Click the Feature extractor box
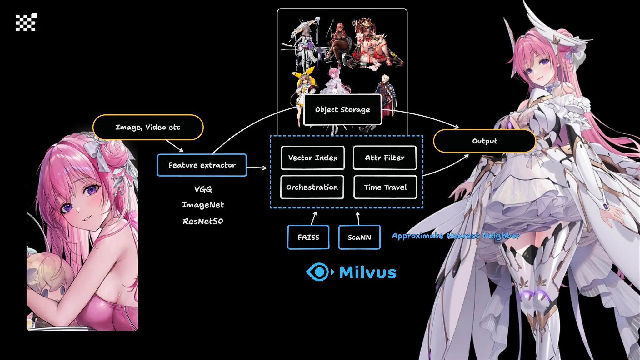(202, 165)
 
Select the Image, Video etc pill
(148, 127)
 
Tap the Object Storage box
(342, 110)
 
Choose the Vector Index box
(312, 158)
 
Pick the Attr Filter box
(385, 158)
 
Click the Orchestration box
(312, 187)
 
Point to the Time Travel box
(385, 187)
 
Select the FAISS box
(308, 237)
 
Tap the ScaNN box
(359, 237)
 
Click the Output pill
(484, 141)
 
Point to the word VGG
(203, 189)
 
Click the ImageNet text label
(203, 205)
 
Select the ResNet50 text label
(203, 221)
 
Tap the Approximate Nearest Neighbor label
(456, 236)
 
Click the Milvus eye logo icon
(319, 272)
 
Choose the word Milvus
(367, 272)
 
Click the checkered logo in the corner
(26, 22)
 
